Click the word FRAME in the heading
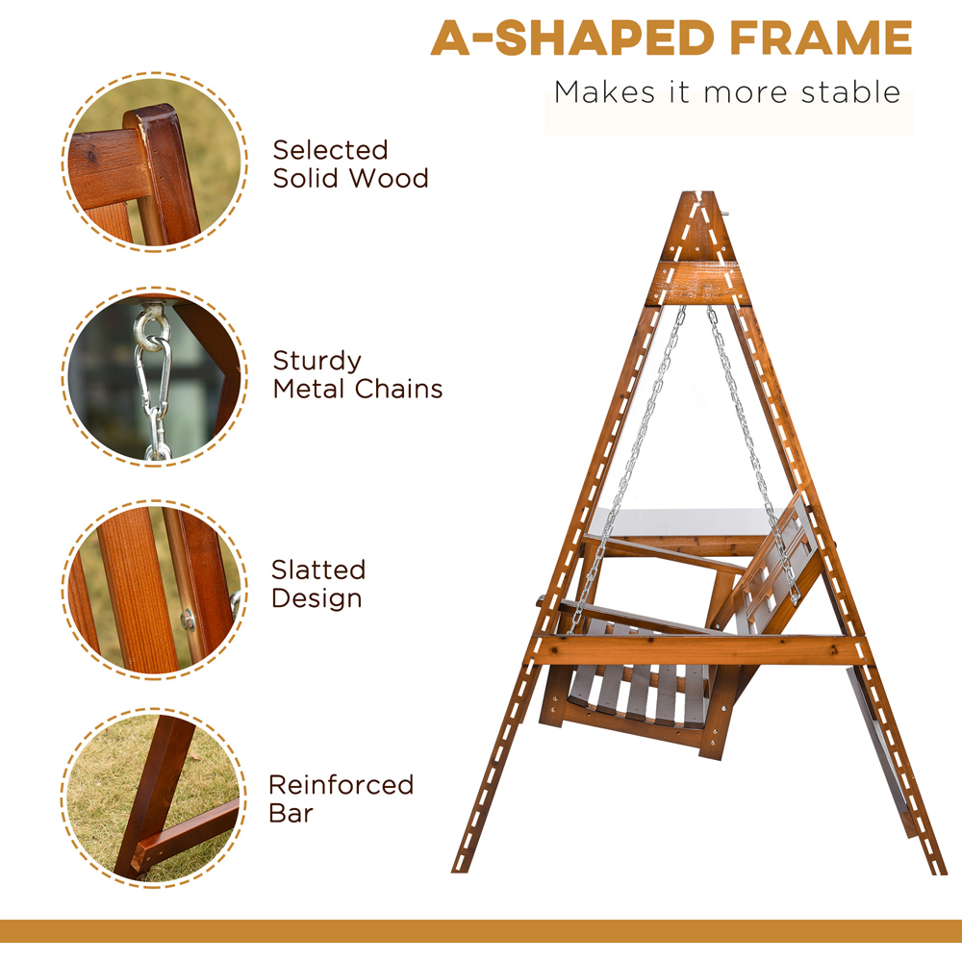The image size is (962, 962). click(x=821, y=38)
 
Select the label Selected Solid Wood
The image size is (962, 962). click(x=350, y=164)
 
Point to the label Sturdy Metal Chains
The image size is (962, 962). click(x=358, y=374)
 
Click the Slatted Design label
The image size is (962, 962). click(x=318, y=584)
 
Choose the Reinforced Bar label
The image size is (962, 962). click(x=342, y=798)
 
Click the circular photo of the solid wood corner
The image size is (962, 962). click(x=155, y=162)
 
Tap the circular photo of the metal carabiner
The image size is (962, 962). click(x=155, y=376)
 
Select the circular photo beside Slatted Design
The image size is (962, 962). click(x=155, y=590)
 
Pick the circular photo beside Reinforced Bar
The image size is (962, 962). click(x=153, y=797)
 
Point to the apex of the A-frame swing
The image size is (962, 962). click(x=698, y=192)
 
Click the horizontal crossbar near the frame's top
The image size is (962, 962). click(x=698, y=284)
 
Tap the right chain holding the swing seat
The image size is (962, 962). click(x=752, y=454)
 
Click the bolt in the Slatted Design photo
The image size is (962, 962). click(x=189, y=620)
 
